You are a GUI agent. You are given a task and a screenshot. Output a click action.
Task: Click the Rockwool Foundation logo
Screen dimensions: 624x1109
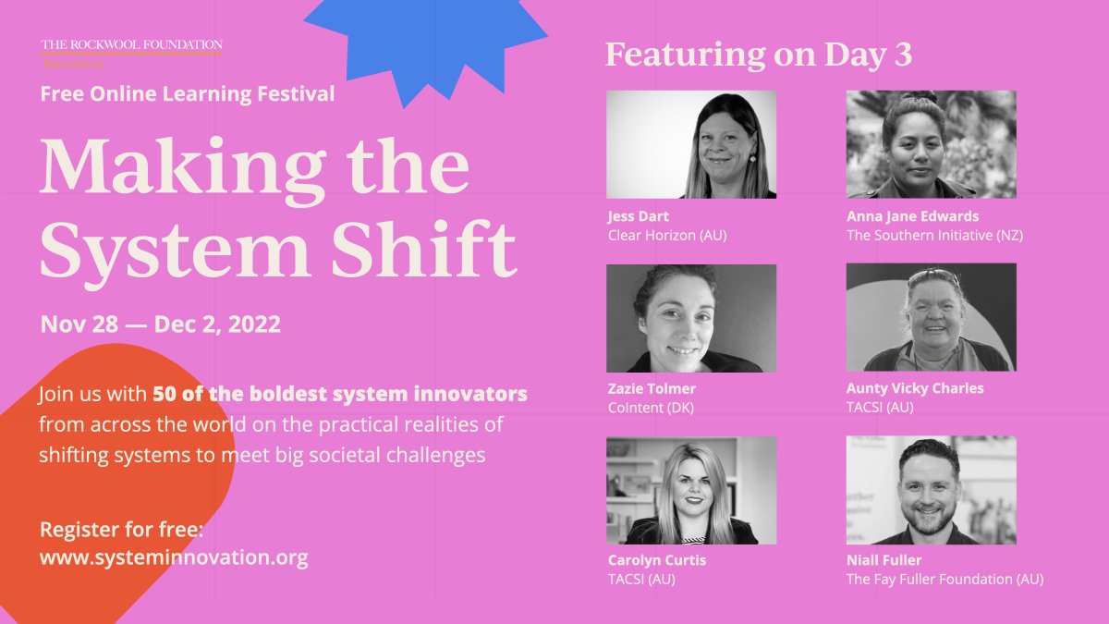(131, 51)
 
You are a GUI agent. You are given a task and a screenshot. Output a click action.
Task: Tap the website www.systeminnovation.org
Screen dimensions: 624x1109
(174, 557)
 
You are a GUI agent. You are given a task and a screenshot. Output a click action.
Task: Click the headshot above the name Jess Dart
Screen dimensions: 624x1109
(691, 144)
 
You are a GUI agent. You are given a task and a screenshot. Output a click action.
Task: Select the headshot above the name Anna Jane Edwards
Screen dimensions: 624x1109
(931, 144)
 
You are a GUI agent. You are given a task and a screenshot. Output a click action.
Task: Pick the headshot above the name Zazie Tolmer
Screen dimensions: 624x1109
(691, 318)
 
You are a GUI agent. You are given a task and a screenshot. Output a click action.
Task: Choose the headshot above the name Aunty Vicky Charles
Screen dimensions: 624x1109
(931, 317)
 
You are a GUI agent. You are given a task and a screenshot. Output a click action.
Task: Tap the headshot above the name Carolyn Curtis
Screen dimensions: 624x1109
(691, 490)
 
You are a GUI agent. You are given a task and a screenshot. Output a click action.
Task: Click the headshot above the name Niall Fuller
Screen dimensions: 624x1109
(931, 490)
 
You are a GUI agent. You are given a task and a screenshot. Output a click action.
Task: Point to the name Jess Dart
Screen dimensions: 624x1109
(639, 216)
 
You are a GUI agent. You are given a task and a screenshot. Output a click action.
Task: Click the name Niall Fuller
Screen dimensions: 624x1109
(884, 560)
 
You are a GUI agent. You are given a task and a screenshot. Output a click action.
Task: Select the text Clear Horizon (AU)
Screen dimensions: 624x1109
(667, 235)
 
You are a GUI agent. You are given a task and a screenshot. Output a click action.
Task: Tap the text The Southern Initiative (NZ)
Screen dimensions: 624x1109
(934, 235)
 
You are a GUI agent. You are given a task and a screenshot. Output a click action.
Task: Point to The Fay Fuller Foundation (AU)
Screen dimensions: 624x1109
(944, 579)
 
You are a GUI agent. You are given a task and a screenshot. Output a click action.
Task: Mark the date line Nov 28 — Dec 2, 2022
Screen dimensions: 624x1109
(161, 324)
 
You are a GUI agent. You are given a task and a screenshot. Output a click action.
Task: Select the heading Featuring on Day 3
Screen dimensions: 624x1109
(759, 55)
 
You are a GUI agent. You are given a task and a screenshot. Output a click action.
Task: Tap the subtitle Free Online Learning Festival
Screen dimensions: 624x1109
(188, 93)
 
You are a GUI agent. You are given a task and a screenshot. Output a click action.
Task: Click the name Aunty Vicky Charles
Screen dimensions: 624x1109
(915, 388)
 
